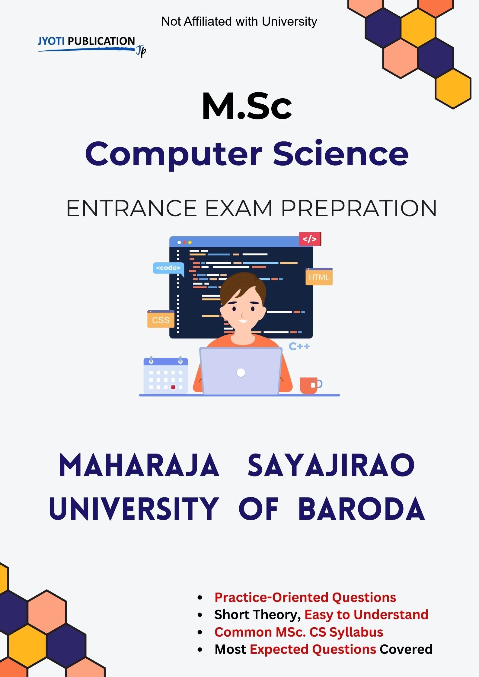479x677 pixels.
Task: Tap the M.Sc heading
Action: tap(247, 106)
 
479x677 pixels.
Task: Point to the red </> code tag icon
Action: tap(310, 239)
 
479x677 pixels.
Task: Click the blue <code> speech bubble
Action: tap(168, 268)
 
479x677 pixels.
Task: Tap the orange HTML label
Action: tap(319, 277)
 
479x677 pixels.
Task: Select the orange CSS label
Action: tap(161, 320)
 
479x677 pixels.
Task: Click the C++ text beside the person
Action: tap(299, 346)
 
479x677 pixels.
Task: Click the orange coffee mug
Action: tap(309, 385)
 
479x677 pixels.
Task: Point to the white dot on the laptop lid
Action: tap(241, 373)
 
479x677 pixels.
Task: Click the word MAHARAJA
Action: tap(139, 466)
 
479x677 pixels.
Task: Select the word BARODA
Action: tap(361, 509)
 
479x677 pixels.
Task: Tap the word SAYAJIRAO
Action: tap(331, 466)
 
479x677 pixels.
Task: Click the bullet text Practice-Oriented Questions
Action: tap(305, 597)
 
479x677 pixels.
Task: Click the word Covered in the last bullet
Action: tap(406, 649)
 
